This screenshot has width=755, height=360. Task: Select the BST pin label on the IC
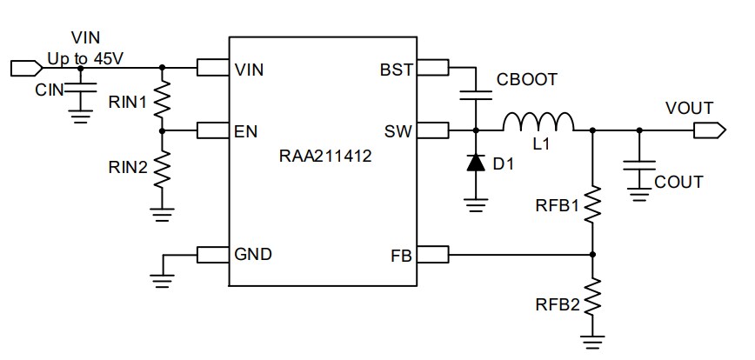coord(397,70)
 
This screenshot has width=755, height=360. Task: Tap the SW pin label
coord(398,131)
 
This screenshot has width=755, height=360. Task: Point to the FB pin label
coord(402,255)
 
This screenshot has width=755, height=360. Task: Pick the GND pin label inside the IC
coord(253,255)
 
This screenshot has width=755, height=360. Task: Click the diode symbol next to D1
coord(475,163)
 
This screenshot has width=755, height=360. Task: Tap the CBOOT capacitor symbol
coord(475,94)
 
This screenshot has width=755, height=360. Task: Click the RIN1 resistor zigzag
coord(162,103)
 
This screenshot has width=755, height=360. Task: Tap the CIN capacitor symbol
coord(81,89)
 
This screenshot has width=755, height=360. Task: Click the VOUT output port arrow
coord(709,131)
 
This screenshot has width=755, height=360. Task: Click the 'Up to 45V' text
coord(85,57)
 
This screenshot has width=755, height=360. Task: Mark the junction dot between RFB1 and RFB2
coord(593,255)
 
